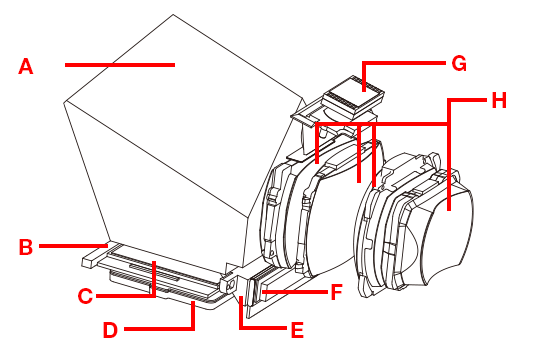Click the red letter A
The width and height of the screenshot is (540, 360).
click(x=26, y=66)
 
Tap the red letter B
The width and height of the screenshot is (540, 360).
click(x=26, y=247)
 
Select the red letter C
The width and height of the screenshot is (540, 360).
click(x=85, y=296)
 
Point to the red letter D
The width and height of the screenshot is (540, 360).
click(x=111, y=330)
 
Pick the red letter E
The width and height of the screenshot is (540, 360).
click(x=297, y=330)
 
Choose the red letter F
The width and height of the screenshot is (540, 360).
click(x=336, y=292)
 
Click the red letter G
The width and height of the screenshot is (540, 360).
click(x=459, y=64)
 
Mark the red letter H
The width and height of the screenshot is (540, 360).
click(x=499, y=101)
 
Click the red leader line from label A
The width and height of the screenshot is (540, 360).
click(x=120, y=65)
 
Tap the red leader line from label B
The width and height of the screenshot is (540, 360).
click(x=73, y=246)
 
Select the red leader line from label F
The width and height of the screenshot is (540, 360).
click(x=294, y=292)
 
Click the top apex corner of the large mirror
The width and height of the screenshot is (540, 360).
click(x=173, y=14)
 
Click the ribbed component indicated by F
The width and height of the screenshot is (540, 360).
click(x=258, y=291)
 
